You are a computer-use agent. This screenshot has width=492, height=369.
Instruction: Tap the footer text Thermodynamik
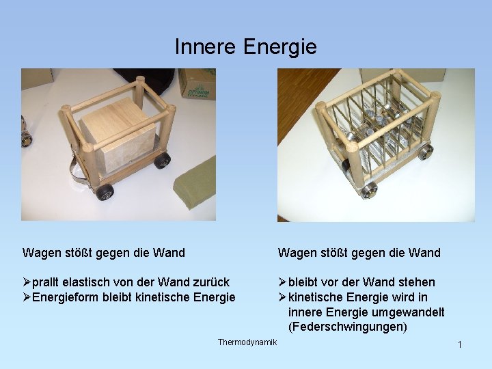(x=247, y=342)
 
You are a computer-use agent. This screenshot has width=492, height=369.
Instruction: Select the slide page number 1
(x=460, y=344)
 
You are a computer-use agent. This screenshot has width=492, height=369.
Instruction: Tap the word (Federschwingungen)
(x=348, y=327)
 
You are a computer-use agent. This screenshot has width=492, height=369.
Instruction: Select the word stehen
(x=415, y=282)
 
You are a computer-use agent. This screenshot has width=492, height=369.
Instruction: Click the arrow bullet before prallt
(x=27, y=282)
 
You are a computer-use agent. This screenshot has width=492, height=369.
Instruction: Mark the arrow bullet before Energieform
(x=27, y=297)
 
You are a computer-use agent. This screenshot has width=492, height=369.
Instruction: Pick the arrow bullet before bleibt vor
(x=282, y=282)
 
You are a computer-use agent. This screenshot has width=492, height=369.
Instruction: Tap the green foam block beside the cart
(x=193, y=184)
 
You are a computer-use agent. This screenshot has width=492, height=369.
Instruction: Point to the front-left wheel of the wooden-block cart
(x=105, y=192)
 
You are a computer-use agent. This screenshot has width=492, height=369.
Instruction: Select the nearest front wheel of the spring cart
(x=369, y=189)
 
